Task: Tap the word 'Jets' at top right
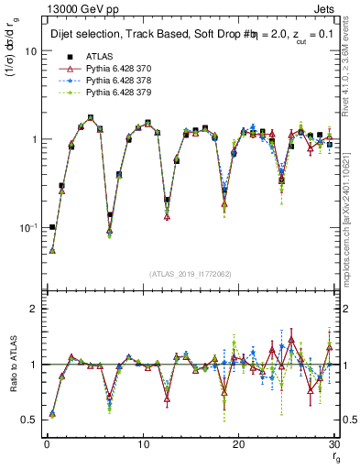coord(326,8)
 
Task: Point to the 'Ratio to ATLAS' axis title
coord(14,364)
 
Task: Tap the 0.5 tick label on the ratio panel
coord(30,420)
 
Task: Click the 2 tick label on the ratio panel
coord(35,310)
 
